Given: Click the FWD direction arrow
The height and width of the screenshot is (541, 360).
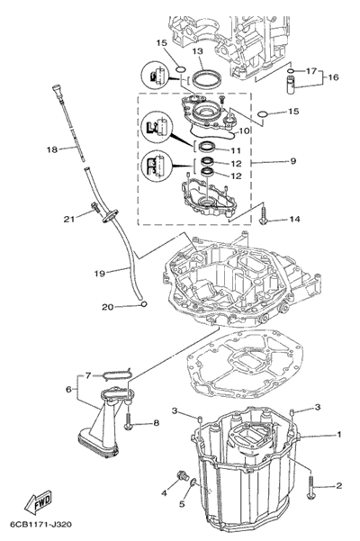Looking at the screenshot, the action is click(38, 501).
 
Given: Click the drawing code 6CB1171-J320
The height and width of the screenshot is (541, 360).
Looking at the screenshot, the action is click(41, 525).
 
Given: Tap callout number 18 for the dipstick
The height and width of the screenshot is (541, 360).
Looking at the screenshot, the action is click(52, 149).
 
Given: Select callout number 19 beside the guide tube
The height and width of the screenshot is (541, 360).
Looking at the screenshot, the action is click(100, 274).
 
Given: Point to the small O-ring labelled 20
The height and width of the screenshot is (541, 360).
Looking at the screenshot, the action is click(144, 304).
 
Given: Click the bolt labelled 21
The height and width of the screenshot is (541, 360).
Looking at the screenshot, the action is click(94, 207).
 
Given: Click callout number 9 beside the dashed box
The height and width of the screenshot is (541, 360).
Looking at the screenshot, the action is click(293, 161).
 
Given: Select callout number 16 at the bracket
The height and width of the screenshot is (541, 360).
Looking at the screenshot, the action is click(333, 77).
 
